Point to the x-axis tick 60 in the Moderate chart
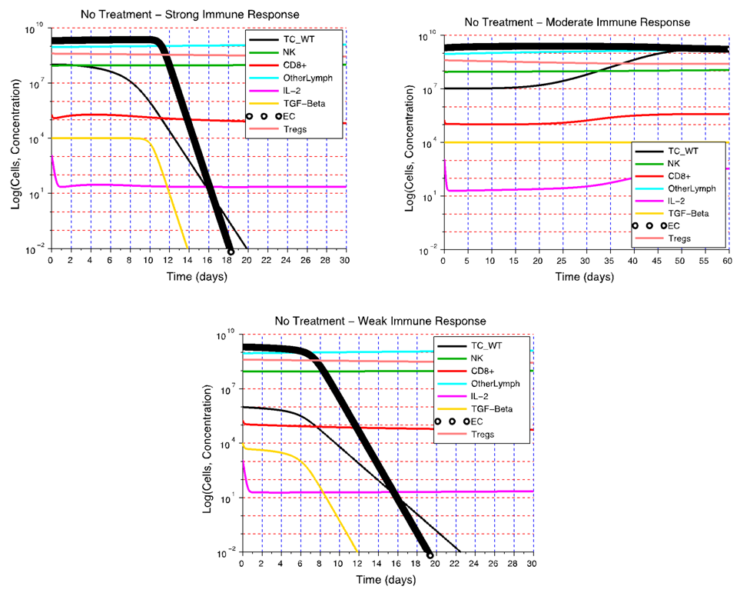(726, 261)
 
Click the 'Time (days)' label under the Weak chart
(387, 579)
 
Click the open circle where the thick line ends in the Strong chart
(231, 251)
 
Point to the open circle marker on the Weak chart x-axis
(430, 555)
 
